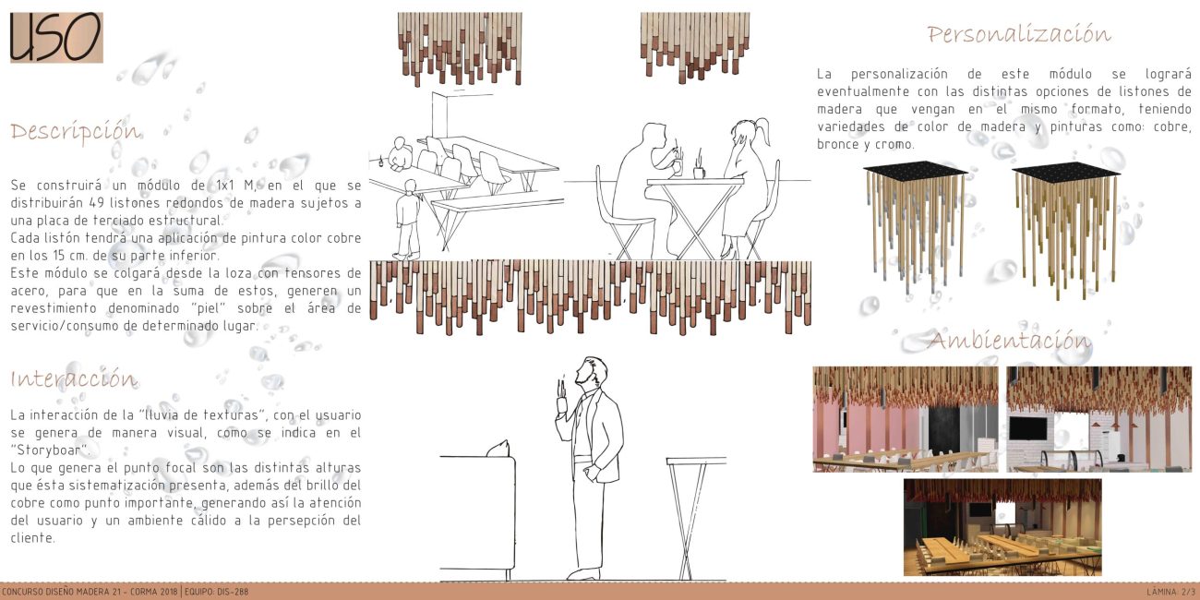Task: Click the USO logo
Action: coord(56,38)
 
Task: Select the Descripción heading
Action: coord(76,132)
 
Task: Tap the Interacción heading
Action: coord(74,378)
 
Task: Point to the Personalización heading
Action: coord(1019,34)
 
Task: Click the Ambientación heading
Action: coord(1009,341)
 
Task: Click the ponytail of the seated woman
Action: coord(762,130)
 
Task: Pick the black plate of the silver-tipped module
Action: coord(916,169)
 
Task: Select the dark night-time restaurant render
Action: coord(1002,527)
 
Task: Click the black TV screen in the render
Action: coord(1027,428)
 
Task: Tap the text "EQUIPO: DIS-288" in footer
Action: coord(216,592)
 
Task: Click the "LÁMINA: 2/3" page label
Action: coord(1171,592)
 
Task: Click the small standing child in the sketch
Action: coord(408,220)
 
